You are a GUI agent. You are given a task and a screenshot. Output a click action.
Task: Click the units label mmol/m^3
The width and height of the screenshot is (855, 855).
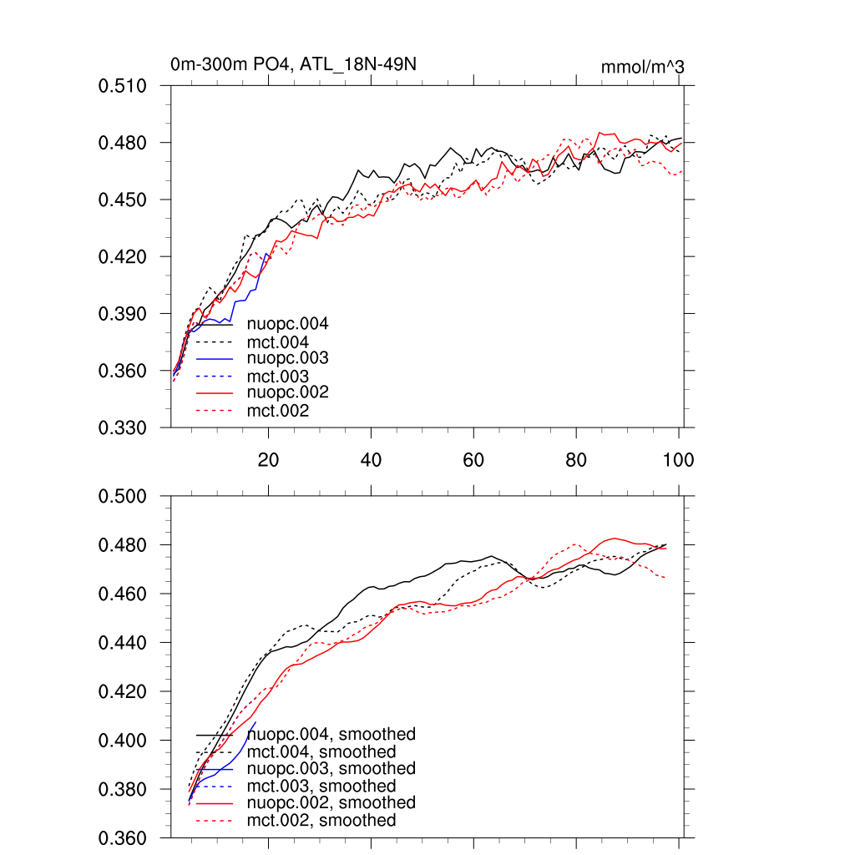click(642, 67)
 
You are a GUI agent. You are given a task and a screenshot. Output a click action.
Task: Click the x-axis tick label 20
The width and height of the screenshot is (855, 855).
click(268, 460)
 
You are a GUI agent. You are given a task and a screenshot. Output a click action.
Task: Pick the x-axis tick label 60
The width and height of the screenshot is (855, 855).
click(473, 460)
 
